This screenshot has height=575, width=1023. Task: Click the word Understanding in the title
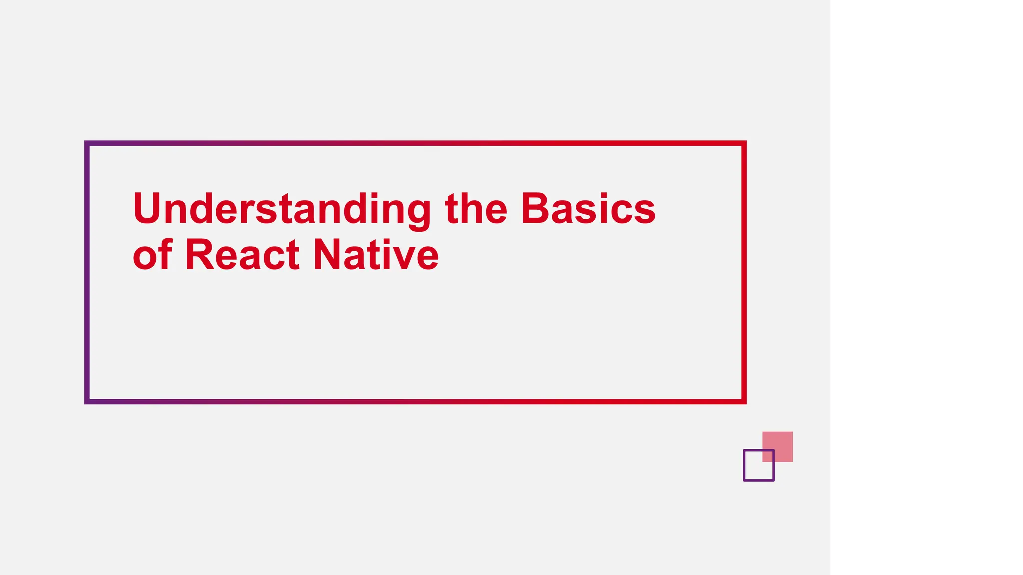281,209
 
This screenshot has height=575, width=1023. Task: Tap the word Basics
588,209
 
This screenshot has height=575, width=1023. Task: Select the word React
242,255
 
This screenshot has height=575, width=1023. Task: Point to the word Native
376,255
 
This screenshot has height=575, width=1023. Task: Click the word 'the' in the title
476,209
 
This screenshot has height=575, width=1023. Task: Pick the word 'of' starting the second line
153,255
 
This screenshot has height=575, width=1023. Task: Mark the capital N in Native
327,255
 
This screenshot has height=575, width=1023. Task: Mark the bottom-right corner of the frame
744,401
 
